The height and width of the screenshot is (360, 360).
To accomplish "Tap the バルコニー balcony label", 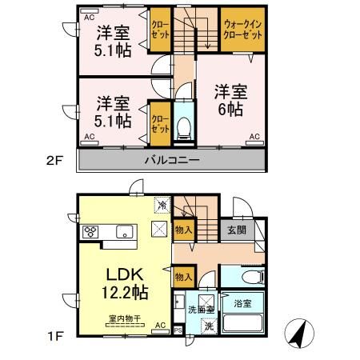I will [x=172, y=160].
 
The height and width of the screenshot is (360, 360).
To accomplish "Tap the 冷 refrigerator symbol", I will [x=162, y=206].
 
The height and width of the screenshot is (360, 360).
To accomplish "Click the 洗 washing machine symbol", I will [x=207, y=326].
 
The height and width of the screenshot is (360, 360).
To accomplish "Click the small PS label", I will [x=178, y=329].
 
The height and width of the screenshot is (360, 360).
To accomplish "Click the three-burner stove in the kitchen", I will [x=90, y=233].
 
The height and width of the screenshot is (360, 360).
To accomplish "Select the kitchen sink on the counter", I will [x=124, y=233].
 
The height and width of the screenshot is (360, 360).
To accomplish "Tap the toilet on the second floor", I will [x=183, y=125].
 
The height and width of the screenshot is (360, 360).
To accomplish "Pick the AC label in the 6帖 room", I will [x=254, y=138].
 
